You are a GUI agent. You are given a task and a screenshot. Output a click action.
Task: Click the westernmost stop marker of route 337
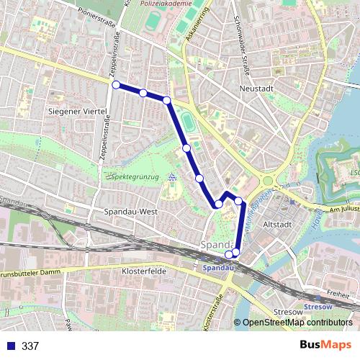pyautogui.click(x=116, y=85)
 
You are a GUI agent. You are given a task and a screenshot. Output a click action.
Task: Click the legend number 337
pyautogui.click(x=30, y=346)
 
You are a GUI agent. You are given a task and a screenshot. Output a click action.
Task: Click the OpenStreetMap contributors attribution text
pyautogui.click(x=297, y=323)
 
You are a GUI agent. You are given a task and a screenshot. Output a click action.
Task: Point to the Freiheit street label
pyautogui.click(x=337, y=294)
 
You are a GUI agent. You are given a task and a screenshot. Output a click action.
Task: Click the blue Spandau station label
pyautogui.click(x=218, y=267)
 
